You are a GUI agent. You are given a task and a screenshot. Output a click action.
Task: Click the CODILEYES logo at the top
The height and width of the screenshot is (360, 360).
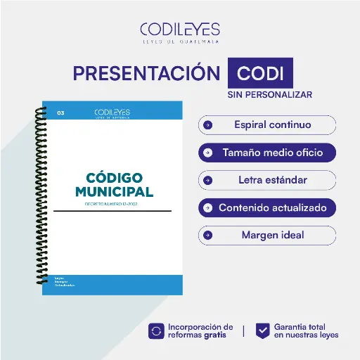coord(179,32)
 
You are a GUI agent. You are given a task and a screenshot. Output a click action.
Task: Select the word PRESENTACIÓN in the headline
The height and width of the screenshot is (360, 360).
coord(146,73)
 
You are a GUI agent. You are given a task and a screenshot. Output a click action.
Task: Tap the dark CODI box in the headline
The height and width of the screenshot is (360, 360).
coord(260,74)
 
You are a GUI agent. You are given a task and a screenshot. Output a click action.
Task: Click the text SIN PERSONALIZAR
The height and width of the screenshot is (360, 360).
coord(269,94)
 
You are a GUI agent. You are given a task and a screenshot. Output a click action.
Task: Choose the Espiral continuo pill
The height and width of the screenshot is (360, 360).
coord(267,125)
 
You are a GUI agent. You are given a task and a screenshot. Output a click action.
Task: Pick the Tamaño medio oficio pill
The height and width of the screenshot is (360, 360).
coord(267,152)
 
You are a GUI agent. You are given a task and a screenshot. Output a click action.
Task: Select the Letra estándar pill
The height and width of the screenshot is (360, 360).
coord(267,180)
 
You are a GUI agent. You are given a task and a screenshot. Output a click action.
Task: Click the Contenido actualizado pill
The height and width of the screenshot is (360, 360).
coord(267,208)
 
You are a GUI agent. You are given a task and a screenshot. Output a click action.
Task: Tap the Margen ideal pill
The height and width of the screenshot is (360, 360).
coord(267,235)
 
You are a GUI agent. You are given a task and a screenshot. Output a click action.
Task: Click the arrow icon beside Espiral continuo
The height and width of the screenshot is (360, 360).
coord(207,125)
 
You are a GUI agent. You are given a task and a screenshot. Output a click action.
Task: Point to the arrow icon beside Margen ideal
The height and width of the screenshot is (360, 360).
coord(207,235)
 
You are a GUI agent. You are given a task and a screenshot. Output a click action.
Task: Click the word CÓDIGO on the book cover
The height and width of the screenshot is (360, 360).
coord(113,176)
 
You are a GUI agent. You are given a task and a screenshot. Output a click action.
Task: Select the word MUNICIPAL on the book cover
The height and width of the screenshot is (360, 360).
coord(113,191)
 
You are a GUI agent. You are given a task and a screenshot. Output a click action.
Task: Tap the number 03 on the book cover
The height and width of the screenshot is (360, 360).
coord(60,112)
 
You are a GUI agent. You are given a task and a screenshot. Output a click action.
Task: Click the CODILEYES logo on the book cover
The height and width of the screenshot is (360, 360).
coord(112,113)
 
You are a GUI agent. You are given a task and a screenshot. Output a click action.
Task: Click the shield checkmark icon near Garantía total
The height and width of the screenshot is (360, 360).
coord(262,330)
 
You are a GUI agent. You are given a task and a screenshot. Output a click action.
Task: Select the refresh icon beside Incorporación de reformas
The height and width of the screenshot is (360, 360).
coord(156,330)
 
